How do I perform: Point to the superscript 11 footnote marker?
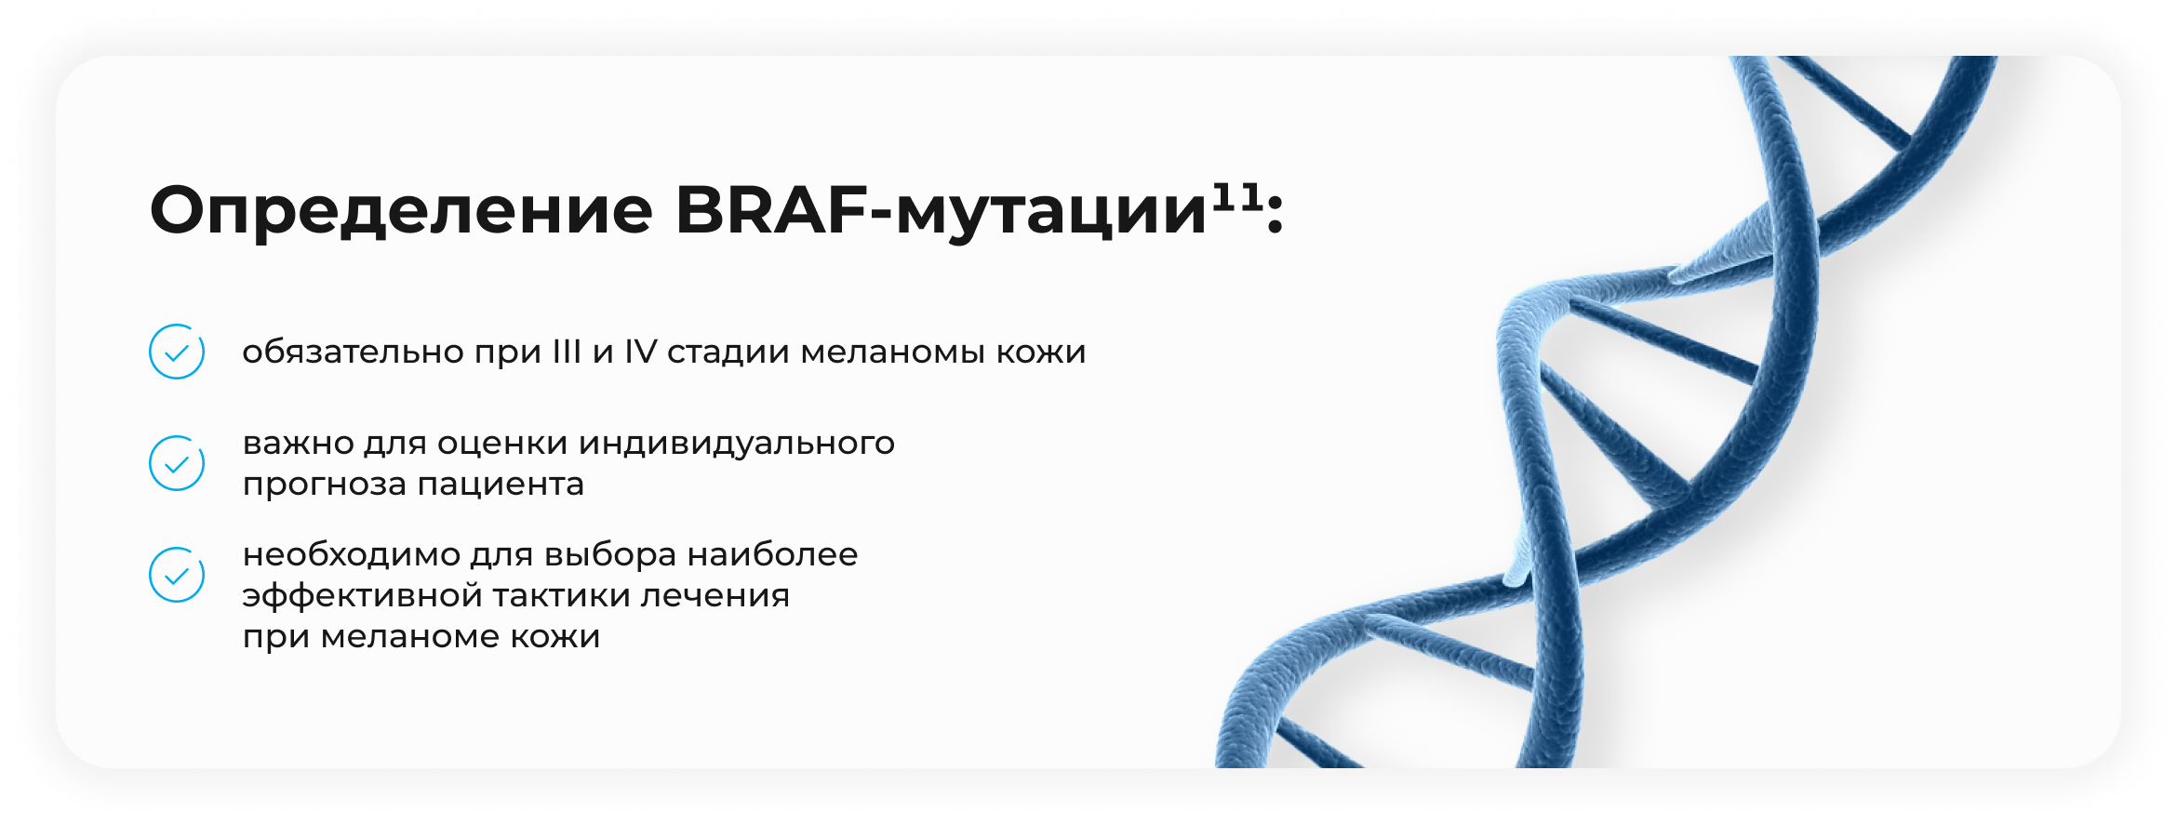pyautogui.click(x=1236, y=196)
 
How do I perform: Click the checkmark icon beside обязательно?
pyautogui.click(x=177, y=352)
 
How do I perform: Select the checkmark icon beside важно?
pyautogui.click(x=177, y=463)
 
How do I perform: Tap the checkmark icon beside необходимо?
pyautogui.click(x=177, y=575)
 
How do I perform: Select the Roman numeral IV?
pyautogui.click(x=640, y=352)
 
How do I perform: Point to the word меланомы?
pyautogui.click(x=892, y=352)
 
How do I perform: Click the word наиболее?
pyautogui.click(x=772, y=554)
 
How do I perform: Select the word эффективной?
pyautogui.click(x=361, y=595)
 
